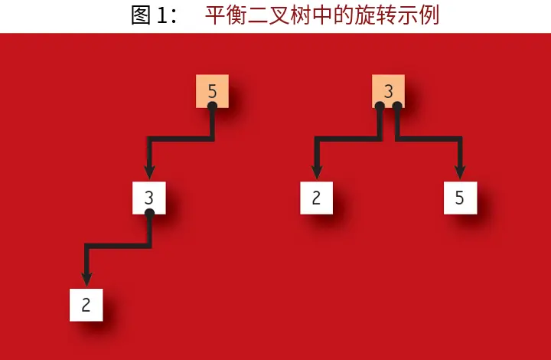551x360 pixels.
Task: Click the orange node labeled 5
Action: pyautogui.click(x=212, y=91)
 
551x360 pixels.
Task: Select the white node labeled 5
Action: pyautogui.click(x=459, y=198)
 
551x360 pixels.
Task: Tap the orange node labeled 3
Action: pyautogui.click(x=388, y=91)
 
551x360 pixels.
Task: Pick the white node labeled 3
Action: pyautogui.click(x=149, y=198)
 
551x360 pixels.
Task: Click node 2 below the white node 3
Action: pyautogui.click(x=86, y=305)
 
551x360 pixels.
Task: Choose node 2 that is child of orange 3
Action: pyautogui.click(x=316, y=198)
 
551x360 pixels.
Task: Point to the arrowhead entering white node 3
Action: pyautogui.click(x=149, y=173)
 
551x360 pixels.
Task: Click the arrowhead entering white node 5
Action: pyautogui.click(x=459, y=173)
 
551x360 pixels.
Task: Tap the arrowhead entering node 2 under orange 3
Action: pyautogui.click(x=316, y=173)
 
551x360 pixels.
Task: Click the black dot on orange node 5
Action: pyautogui.click(x=212, y=106)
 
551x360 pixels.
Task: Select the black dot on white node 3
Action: pyautogui.click(x=149, y=212)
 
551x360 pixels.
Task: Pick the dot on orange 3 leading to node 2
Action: pyautogui.click(x=379, y=106)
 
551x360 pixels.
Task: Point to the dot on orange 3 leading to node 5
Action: pyautogui.click(x=397, y=106)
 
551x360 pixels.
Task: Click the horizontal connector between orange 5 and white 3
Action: pyautogui.click(x=181, y=139)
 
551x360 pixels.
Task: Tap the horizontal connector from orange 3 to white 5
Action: pyautogui.click(x=429, y=139)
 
